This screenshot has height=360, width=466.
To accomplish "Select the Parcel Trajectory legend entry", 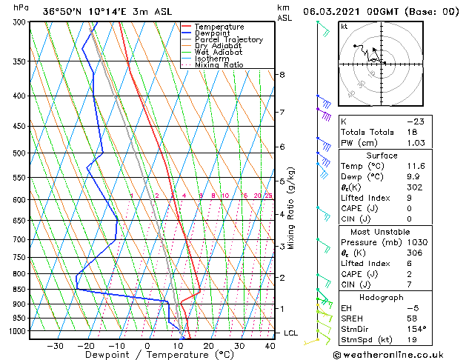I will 228,40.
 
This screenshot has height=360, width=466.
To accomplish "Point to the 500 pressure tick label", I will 19,153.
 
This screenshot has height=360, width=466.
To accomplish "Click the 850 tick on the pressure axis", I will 19,290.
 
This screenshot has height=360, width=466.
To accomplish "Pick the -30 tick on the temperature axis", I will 55,346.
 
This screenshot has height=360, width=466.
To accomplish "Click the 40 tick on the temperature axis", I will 269,346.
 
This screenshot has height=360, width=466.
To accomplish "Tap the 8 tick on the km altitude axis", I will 282,75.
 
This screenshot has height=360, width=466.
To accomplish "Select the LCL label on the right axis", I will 291,333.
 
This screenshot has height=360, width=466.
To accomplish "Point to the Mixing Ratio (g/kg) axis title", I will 292,208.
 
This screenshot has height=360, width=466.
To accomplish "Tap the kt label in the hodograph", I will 344,27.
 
